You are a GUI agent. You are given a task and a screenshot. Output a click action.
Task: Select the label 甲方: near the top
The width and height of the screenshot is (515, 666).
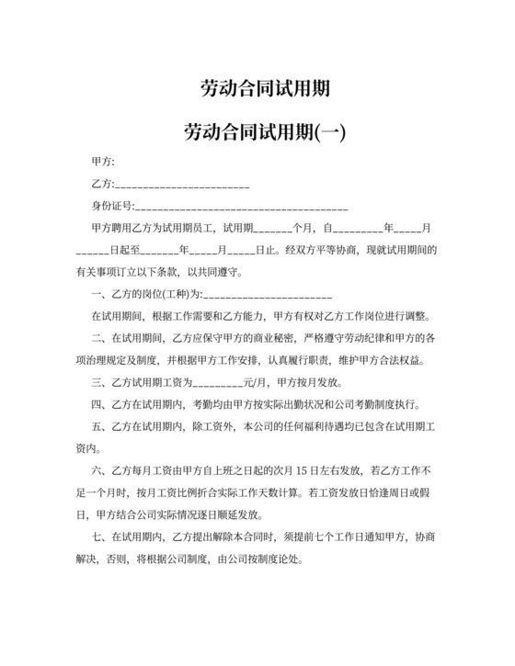(104, 162)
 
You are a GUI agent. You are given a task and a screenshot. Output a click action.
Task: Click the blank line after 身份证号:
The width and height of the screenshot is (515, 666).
(241, 207)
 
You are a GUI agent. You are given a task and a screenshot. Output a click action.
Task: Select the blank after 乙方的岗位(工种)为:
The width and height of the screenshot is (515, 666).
(267, 295)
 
